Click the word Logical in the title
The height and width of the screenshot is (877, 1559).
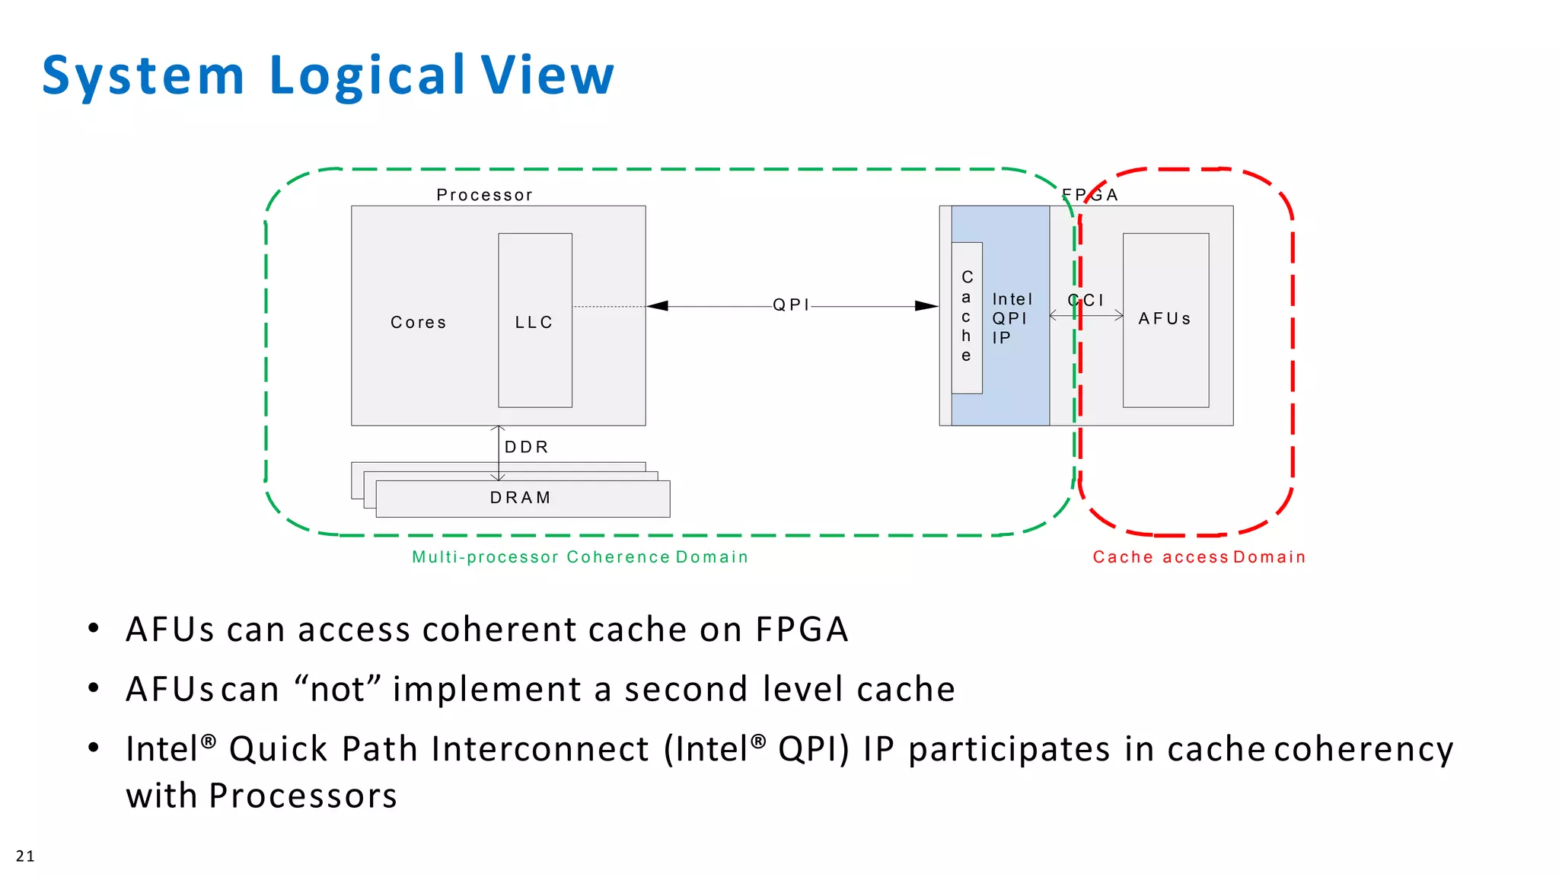pyautogui.click(x=366, y=76)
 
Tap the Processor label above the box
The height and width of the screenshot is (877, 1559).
pyautogui.click(x=484, y=195)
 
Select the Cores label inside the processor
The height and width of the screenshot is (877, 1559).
pyautogui.click(x=418, y=322)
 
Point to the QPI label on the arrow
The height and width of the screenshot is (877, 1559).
pyautogui.click(x=791, y=305)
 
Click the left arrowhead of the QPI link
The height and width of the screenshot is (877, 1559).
pyautogui.click(x=657, y=306)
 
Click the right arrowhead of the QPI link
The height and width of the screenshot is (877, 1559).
pyautogui.click(x=926, y=306)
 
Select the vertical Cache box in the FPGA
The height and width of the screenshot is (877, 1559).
pyautogui.click(x=967, y=317)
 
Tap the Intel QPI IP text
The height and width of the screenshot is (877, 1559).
pyautogui.click(x=1012, y=318)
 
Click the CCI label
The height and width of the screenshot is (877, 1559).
pyautogui.click(x=1086, y=300)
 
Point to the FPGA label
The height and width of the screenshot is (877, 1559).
pyautogui.click(x=1090, y=195)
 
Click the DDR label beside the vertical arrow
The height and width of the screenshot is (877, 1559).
pyautogui.click(x=526, y=447)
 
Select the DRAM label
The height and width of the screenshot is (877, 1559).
pyautogui.click(x=520, y=498)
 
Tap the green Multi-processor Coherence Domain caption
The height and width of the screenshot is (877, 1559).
pyautogui.click(x=580, y=557)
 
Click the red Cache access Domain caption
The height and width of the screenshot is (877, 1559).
pyautogui.click(x=1199, y=557)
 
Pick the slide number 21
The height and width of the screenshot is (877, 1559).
pyautogui.click(x=25, y=856)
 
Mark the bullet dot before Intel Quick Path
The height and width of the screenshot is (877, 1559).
pyautogui.click(x=94, y=748)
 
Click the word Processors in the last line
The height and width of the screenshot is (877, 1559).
pyautogui.click(x=303, y=796)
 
